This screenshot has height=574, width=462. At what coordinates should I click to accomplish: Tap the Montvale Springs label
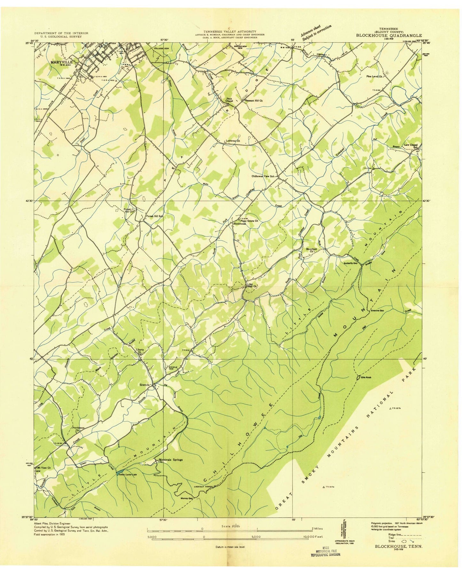pos(171,460)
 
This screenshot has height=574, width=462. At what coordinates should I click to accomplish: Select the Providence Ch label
pos(78,429)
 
